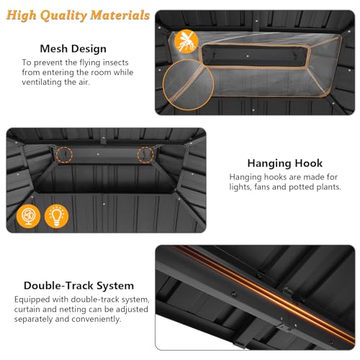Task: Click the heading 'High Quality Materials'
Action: point(78,15)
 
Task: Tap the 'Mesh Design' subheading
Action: point(73,49)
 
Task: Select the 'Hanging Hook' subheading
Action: point(285,163)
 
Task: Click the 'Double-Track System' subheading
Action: point(78,286)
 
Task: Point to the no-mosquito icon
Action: point(186,41)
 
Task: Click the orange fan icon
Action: point(28,216)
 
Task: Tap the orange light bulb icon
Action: point(57,216)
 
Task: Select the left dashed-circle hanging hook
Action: point(64,155)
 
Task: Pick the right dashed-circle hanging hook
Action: point(145,155)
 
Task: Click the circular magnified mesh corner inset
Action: point(188,85)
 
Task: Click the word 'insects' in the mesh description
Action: point(116,63)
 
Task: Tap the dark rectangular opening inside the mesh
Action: point(255,56)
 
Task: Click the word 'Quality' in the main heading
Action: point(63,16)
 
